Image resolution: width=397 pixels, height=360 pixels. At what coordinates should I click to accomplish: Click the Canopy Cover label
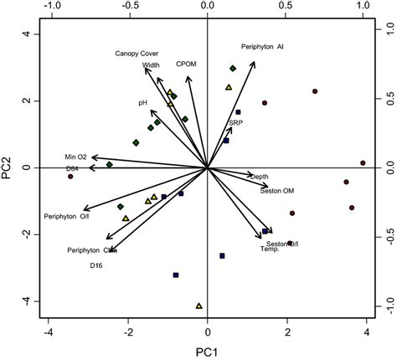point(137,53)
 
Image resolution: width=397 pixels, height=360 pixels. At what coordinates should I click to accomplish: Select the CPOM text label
point(186,64)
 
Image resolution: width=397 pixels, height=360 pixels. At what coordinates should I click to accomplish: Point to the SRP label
point(236,123)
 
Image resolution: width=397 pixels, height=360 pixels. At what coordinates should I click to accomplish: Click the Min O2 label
point(76,157)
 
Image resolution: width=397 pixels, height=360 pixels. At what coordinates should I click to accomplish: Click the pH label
point(143,102)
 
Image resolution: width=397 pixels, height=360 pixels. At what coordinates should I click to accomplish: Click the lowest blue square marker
point(176,275)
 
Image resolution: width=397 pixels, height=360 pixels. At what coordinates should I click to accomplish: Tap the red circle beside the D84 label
point(70,177)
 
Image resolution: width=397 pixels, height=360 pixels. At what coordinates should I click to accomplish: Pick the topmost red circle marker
point(315,91)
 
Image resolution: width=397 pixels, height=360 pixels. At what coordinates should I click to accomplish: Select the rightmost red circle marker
point(363,163)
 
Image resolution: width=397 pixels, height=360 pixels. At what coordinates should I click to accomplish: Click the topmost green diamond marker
point(233,69)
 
